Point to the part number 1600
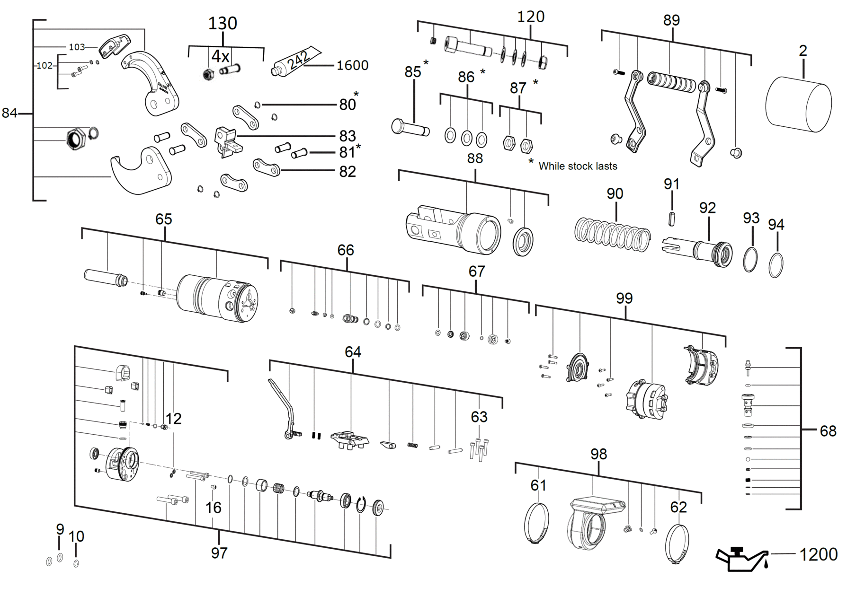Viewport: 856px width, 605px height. pos(352,65)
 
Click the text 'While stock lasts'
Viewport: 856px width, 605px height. pos(578,166)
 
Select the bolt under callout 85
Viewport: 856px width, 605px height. pos(410,128)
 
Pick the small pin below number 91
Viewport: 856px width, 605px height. pos(672,219)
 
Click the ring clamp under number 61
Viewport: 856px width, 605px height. pos(537,524)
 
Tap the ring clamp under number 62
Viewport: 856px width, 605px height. pos(677,544)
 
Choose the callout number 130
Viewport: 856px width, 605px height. pos(223,23)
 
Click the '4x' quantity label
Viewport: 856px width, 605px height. pos(220,56)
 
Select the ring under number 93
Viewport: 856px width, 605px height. pos(750,259)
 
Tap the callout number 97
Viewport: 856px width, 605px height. pos(219,552)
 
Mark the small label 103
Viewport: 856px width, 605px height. pos(77,47)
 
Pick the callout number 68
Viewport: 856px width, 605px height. pos(828,431)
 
